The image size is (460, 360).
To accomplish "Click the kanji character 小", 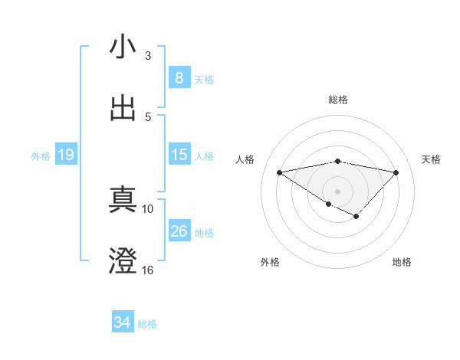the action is pos(123,47).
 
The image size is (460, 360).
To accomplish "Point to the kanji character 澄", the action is pos(123,261).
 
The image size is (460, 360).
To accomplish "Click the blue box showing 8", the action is pos(179,77).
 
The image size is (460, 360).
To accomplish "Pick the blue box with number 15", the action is pos(179,155).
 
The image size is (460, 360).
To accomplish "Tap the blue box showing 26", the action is pos(179,231).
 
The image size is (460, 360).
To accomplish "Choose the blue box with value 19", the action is pos(66,155).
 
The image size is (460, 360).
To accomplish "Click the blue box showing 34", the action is pos(122,322).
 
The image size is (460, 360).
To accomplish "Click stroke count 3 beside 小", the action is pos(148,56).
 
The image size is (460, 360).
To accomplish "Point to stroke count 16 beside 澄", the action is pos(148,270).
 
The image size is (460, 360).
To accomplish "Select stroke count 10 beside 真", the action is pos(148,208).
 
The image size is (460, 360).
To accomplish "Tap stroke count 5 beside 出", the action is pos(148,117).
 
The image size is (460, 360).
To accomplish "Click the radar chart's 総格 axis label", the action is pos(337,100).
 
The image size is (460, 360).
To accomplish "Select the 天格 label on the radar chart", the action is pos(431,159).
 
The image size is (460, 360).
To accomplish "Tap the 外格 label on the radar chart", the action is pos(270,262).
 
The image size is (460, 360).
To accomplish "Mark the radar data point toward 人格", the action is pos(279,172).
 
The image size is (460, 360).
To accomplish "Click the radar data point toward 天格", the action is pos(396,172).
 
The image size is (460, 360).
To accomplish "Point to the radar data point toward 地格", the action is pos(356,216).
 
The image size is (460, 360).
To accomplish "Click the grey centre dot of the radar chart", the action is pos(337,191).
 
